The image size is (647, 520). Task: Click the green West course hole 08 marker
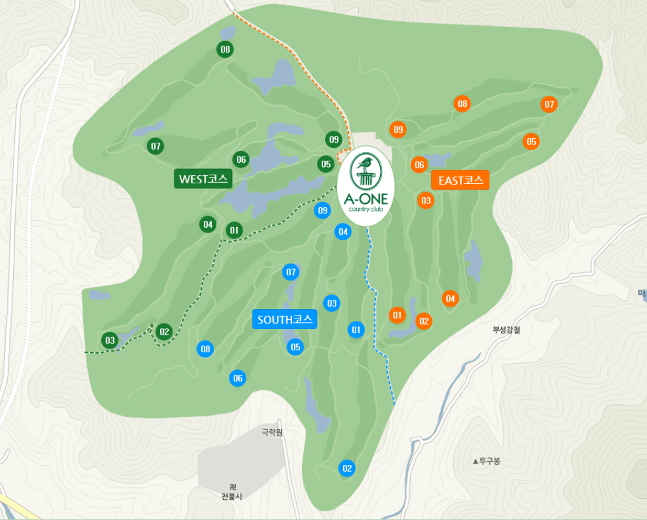pyautogui.click(x=225, y=49)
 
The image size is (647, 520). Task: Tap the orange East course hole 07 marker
pyautogui.click(x=549, y=105)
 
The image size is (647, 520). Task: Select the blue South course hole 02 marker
pyautogui.click(x=347, y=467)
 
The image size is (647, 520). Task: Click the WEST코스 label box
pyautogui.click(x=203, y=179)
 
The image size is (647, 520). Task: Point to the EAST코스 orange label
pyautogui.click(x=460, y=180)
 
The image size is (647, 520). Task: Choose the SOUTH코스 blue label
pyautogui.click(x=284, y=320)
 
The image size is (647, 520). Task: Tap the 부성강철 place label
pyautogui.click(x=506, y=330)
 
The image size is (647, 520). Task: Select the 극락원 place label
pyautogui.click(x=272, y=432)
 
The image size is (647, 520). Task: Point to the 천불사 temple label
pyautogui.click(x=232, y=496)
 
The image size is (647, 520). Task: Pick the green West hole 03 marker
pyautogui.click(x=110, y=340)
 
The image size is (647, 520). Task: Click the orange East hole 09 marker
pyautogui.click(x=398, y=130)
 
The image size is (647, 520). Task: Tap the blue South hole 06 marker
pyautogui.click(x=238, y=378)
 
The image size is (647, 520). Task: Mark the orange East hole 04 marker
pyautogui.click(x=450, y=298)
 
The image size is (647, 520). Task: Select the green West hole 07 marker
pyautogui.click(x=156, y=146)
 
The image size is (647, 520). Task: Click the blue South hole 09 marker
pyautogui.click(x=323, y=210)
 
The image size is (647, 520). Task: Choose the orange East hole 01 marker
pyautogui.click(x=396, y=314)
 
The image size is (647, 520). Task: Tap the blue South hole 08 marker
pyautogui.click(x=205, y=349)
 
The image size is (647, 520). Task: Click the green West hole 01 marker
pyautogui.click(x=234, y=230)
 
